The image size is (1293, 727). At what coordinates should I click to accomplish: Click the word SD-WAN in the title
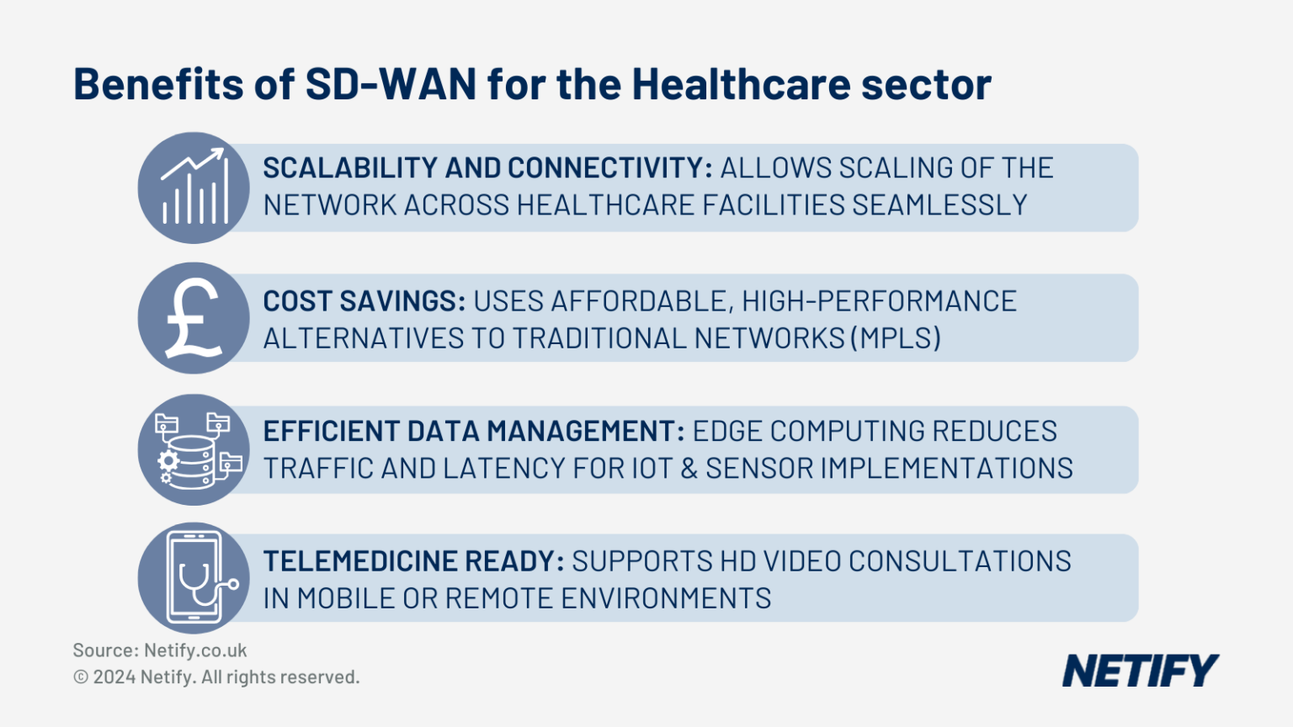(x=391, y=84)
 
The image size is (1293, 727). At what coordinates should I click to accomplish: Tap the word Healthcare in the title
(x=741, y=84)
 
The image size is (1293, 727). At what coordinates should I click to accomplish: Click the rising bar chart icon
(x=194, y=186)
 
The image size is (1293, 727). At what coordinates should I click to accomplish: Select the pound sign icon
(x=194, y=318)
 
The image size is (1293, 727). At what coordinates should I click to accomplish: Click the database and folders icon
(x=198, y=451)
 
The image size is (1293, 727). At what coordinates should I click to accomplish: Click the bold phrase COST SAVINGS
(x=364, y=301)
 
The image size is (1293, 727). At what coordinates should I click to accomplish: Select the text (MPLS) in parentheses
(x=896, y=338)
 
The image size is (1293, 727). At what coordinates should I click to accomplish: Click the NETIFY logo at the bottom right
(x=1141, y=671)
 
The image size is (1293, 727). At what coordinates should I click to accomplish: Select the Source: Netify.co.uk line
(x=160, y=650)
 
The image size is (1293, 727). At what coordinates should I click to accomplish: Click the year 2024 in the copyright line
(x=114, y=677)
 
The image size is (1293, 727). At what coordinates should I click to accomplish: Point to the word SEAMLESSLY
(x=939, y=205)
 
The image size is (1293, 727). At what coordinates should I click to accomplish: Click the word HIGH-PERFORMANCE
(x=879, y=301)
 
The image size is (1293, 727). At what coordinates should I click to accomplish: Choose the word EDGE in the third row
(x=727, y=432)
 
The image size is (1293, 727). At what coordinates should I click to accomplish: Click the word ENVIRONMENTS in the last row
(x=666, y=598)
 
